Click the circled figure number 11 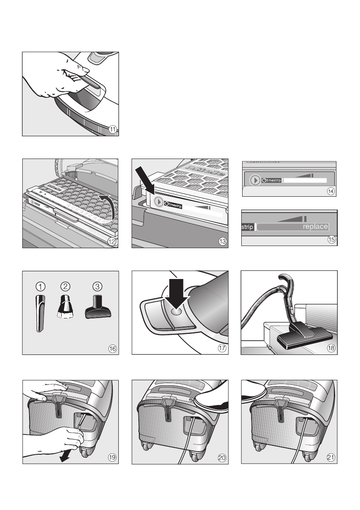(x=112, y=130)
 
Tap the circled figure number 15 (x=331, y=240)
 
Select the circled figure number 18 (x=331, y=348)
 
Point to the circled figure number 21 (x=330, y=458)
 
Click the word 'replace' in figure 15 (x=315, y=226)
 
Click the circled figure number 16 (x=112, y=348)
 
